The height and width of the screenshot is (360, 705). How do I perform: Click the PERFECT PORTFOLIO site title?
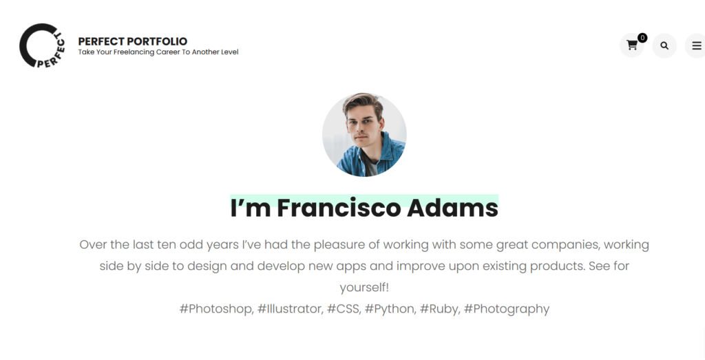133,41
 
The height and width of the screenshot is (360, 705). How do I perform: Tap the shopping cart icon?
632,45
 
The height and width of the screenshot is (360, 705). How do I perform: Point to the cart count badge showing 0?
642,38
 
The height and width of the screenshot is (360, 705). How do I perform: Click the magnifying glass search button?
664,45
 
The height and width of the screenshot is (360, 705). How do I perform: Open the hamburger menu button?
695,45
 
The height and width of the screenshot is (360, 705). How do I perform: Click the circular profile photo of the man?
364,135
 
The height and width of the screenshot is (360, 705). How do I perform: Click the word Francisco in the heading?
339,208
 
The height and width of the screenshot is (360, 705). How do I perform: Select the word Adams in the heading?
453,208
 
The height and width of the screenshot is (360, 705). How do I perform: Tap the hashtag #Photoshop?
216,309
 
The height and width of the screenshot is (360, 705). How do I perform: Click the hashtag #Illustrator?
290,309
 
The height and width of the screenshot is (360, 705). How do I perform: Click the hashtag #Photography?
507,309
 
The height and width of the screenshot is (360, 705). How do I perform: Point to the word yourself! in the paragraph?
364,288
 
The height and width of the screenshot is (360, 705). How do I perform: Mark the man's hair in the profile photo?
362,102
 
